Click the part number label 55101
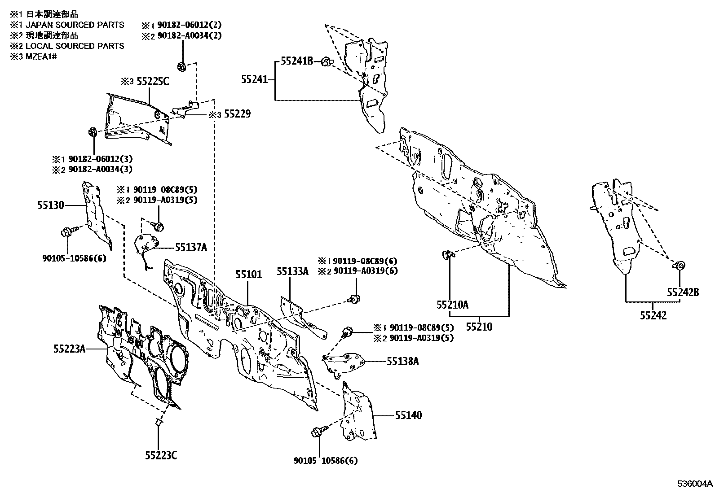point(249,274)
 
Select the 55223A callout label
point(70,349)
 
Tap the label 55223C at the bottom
point(161,455)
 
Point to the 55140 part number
point(409,415)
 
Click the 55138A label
point(403,361)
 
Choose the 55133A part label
point(293,271)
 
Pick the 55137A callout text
point(191,247)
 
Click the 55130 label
point(51,205)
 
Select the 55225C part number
point(153,82)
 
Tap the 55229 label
point(238,114)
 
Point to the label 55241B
point(297,61)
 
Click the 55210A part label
point(453,305)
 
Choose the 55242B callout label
point(683,292)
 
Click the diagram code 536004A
point(695,484)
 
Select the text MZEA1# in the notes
point(41,57)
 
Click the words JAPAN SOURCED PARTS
point(75,25)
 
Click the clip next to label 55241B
point(327,61)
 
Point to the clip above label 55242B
point(679,265)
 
